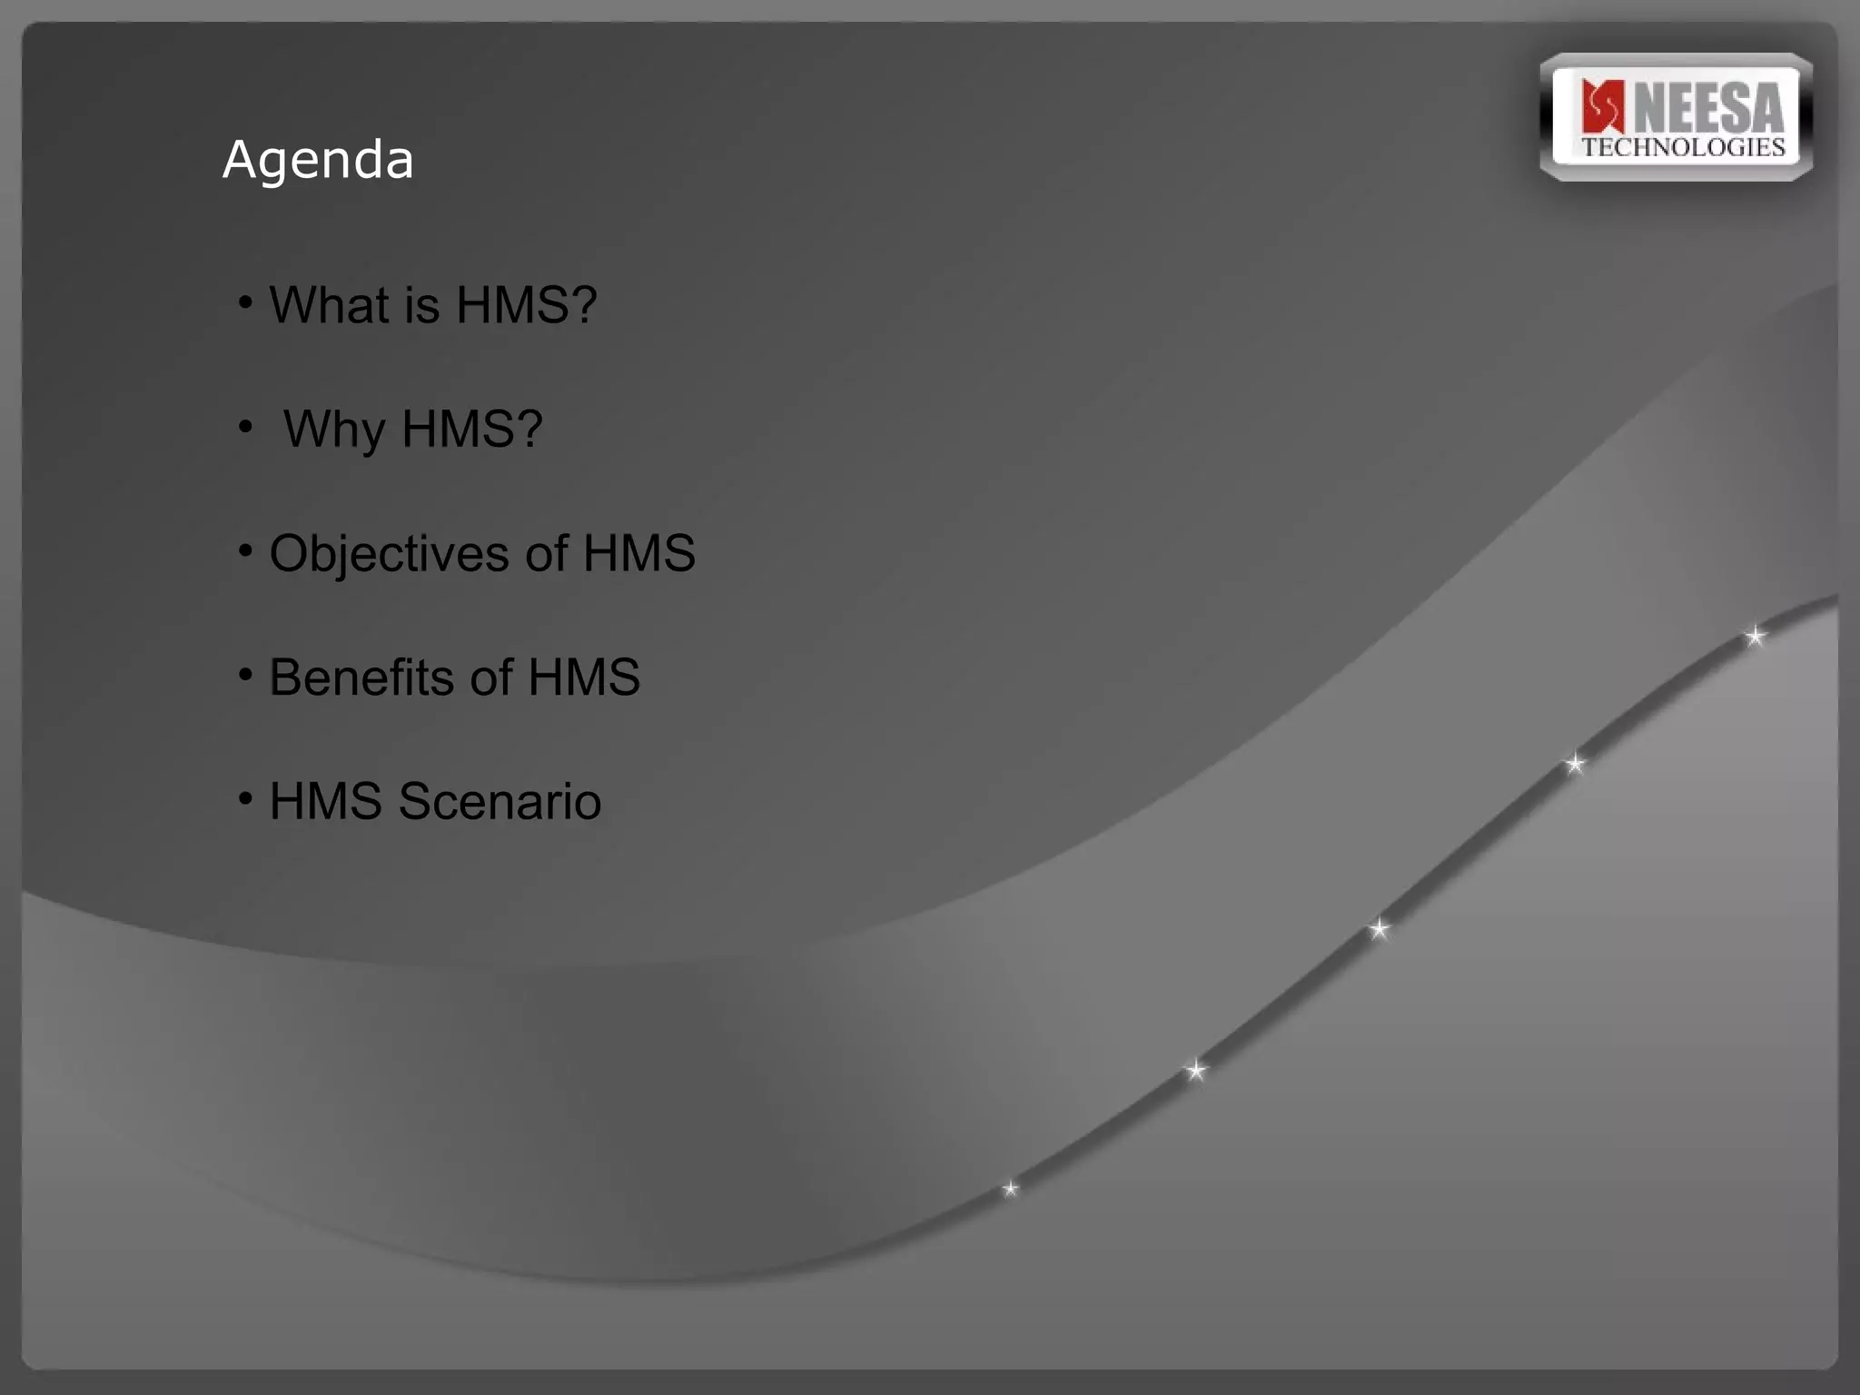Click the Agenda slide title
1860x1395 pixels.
pyautogui.click(x=318, y=161)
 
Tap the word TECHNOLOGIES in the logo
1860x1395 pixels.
pyautogui.click(x=1683, y=148)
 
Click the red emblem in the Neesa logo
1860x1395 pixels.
pyautogui.click(x=1602, y=106)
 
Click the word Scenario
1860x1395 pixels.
pyautogui.click(x=500, y=801)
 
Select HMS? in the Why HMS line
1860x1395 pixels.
pyautogui.click(x=471, y=429)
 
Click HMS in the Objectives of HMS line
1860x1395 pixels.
pyautogui.click(x=638, y=553)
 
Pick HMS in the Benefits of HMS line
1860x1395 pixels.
pyautogui.click(x=583, y=678)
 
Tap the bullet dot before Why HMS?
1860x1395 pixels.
pyautogui.click(x=245, y=425)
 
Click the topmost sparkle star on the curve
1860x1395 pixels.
pyautogui.click(x=1755, y=637)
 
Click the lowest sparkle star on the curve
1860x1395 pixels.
pyautogui.click(x=1010, y=1189)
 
